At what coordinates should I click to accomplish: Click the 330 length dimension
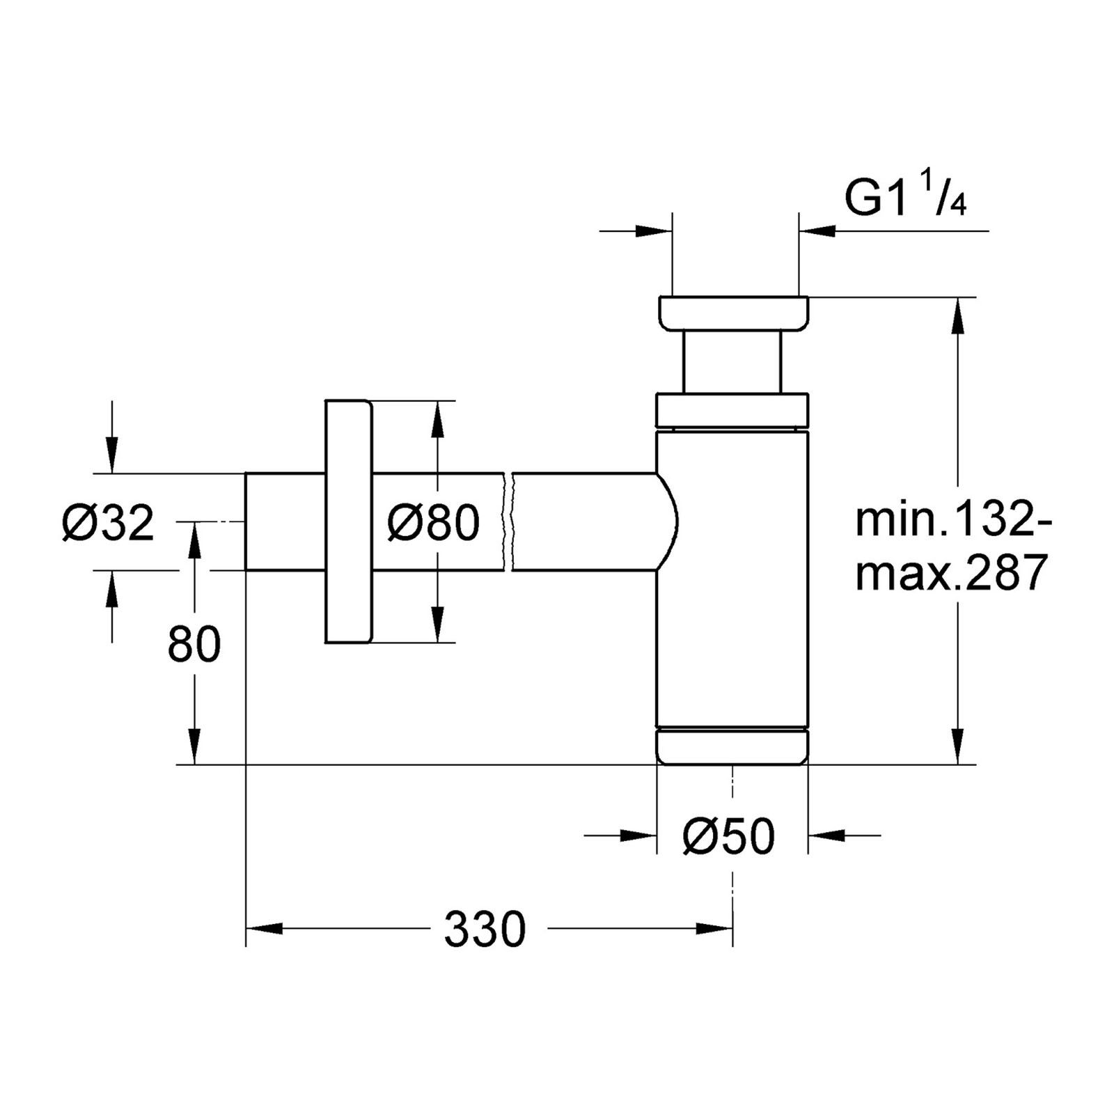tap(485, 929)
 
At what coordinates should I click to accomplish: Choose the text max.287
tap(952, 572)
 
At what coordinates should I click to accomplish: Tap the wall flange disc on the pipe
tap(348, 521)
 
